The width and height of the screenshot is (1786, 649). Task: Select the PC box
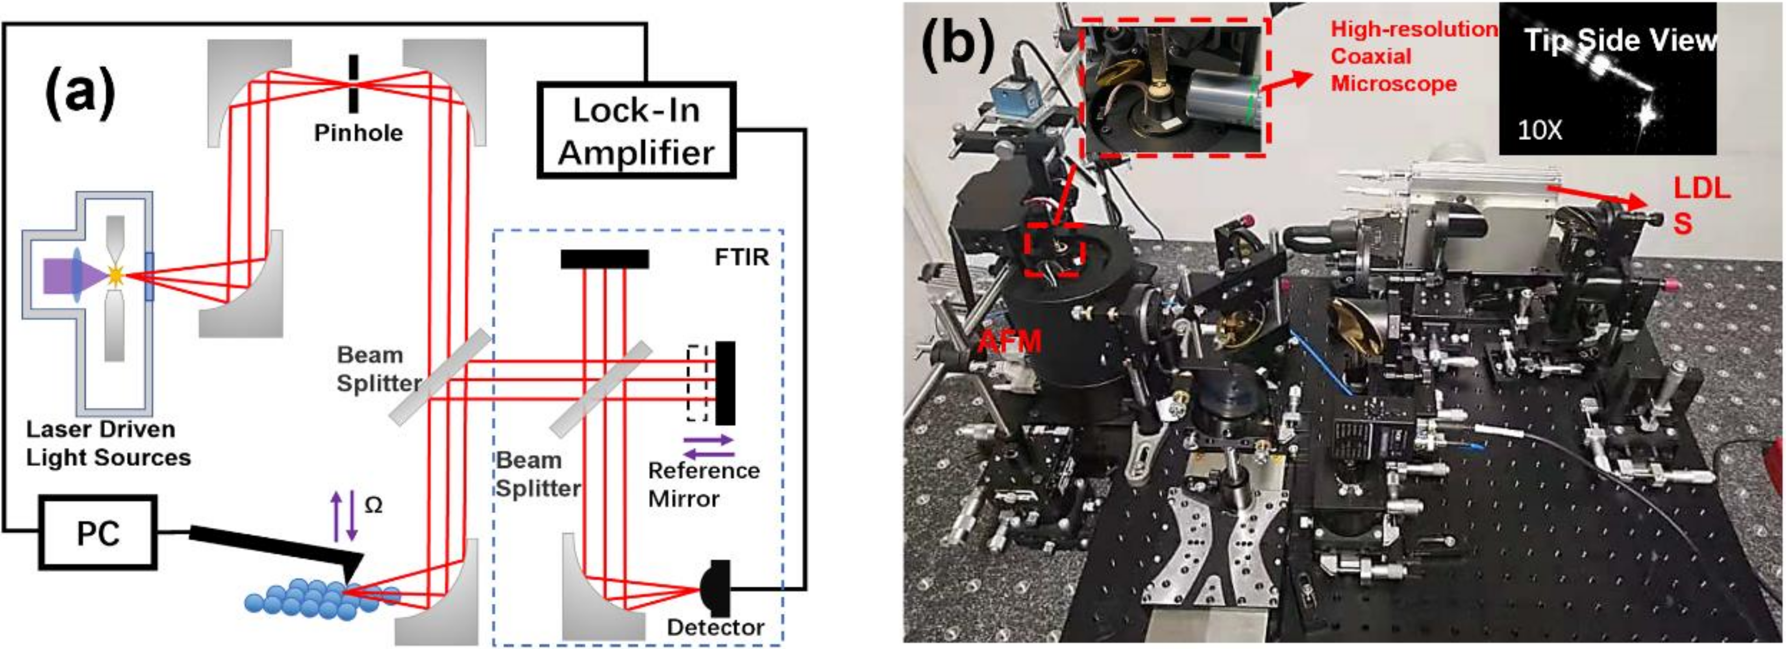[98, 533]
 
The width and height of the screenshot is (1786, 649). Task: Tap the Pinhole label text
[358, 132]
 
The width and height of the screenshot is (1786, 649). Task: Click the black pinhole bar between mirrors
[354, 83]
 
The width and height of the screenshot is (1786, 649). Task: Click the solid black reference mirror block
[725, 382]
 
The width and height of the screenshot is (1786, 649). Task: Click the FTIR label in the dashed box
[741, 257]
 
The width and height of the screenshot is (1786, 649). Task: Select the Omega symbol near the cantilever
[373, 505]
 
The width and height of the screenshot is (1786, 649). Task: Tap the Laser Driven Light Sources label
[108, 443]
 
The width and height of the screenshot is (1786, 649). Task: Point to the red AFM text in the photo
[1009, 341]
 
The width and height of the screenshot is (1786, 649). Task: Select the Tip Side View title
[1619, 41]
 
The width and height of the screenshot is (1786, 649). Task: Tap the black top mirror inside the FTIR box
[604, 259]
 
